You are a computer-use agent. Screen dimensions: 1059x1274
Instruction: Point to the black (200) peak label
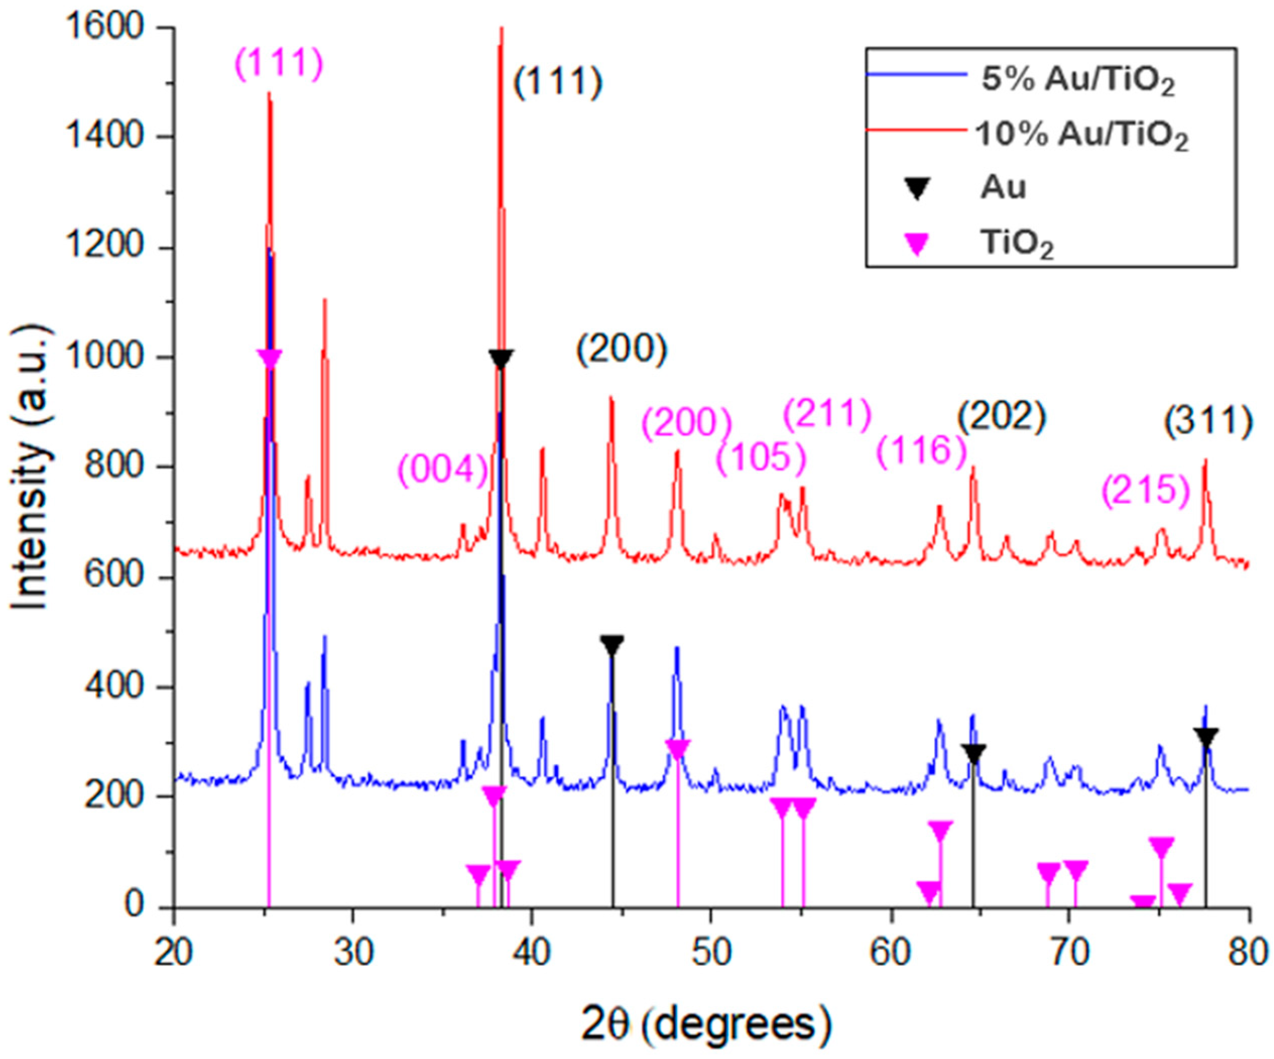[x=622, y=351]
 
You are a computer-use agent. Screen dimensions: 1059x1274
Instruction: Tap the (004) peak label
[x=443, y=470]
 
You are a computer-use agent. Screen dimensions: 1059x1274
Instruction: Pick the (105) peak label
[x=761, y=458]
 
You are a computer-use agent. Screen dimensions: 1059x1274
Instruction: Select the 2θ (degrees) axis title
[x=705, y=1023]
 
